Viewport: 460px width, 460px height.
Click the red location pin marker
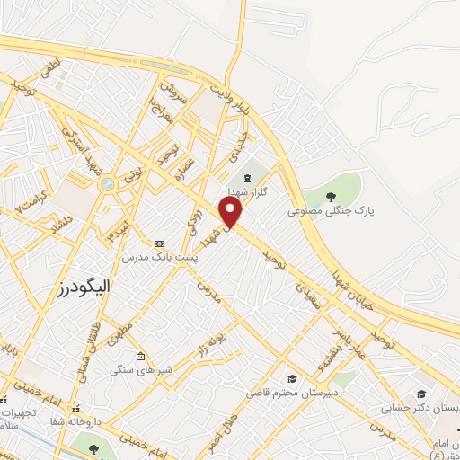[233, 212]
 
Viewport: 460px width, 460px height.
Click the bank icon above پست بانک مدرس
[160, 243]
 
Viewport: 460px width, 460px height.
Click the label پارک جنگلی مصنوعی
[318, 212]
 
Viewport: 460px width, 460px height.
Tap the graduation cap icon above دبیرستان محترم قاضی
[291, 378]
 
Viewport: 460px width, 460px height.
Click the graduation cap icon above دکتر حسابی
[421, 394]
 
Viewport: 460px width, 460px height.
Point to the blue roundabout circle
[108, 183]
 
